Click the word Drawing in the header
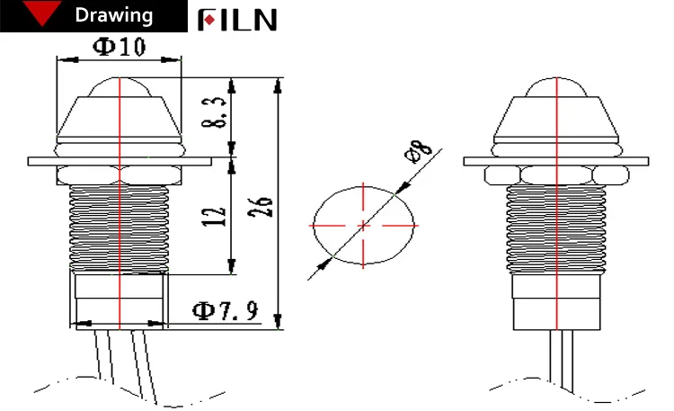point(113,16)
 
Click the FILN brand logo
point(237,19)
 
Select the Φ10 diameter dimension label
point(120,48)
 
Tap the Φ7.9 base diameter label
point(226,311)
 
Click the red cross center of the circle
point(364,223)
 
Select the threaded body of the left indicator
point(120,225)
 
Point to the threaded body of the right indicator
point(557,225)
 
